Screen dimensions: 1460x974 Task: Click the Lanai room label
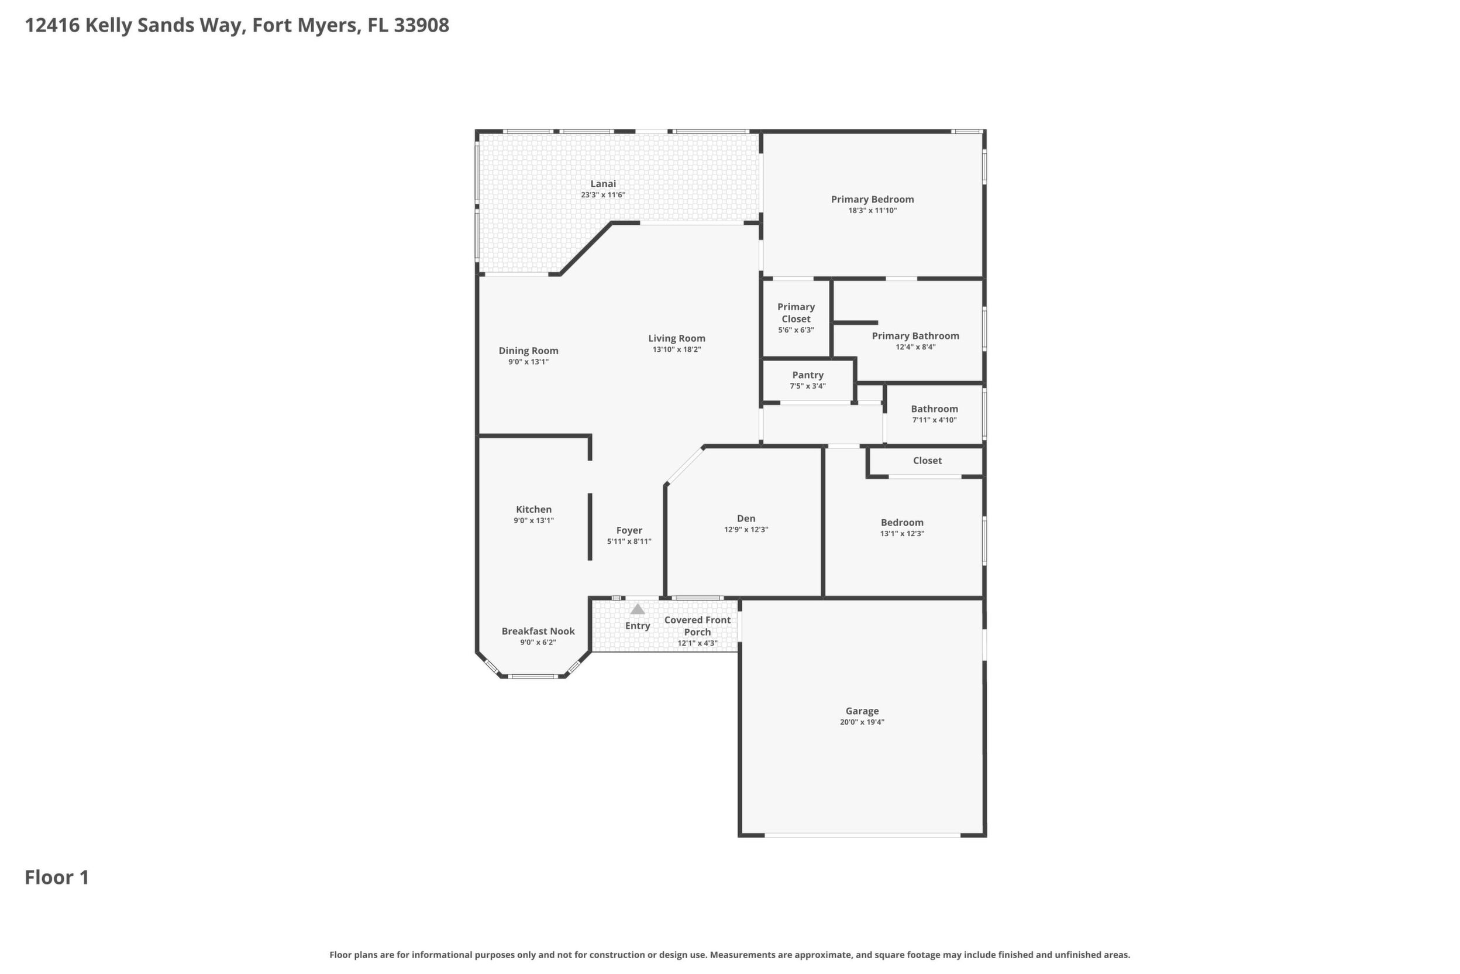click(x=602, y=184)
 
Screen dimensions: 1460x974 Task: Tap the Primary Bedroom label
click(x=872, y=200)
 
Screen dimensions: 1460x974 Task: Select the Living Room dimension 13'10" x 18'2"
click(x=677, y=349)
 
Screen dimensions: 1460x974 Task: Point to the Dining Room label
click(x=528, y=351)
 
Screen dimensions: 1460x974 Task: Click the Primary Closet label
click(x=796, y=313)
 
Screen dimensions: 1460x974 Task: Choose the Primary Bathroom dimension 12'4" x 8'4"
click(x=915, y=347)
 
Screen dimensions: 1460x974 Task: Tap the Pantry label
click(x=808, y=375)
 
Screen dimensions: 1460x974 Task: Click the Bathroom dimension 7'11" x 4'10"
click(x=934, y=420)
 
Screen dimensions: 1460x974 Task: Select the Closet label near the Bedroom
click(x=927, y=460)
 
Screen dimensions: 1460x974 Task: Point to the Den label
click(x=746, y=519)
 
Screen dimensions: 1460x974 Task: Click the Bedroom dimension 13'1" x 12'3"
click(x=902, y=534)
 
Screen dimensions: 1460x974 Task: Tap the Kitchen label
click(x=534, y=509)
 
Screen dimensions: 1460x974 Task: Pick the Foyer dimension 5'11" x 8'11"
click(x=629, y=541)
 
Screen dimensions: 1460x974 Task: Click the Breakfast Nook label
click(x=538, y=631)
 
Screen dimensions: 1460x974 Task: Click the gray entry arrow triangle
click(x=638, y=609)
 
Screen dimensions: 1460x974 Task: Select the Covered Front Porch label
click(x=697, y=626)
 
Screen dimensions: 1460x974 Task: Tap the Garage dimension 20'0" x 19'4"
click(x=862, y=722)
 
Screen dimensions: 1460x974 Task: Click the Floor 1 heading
click(x=57, y=878)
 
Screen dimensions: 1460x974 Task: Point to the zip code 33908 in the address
click(x=422, y=26)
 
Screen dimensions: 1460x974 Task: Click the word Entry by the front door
click(x=638, y=626)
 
